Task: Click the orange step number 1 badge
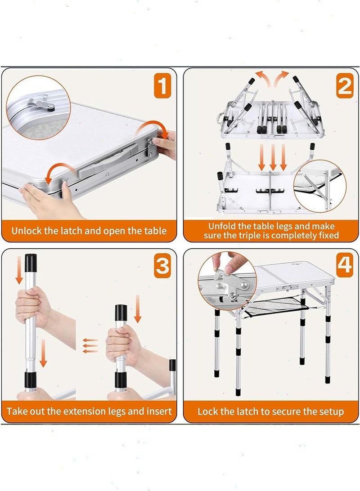[x=162, y=85]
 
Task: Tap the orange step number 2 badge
[x=345, y=85]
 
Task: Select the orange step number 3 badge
[x=162, y=266]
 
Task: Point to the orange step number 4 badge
[x=345, y=266]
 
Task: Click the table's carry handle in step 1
[x=107, y=160]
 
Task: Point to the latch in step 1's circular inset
[x=41, y=104]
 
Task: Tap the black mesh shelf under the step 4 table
[x=276, y=304]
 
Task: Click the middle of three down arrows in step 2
[x=273, y=157]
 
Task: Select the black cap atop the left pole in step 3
[x=31, y=263]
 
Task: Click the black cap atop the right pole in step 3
[x=121, y=312]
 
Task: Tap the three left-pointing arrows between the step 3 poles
[x=90, y=346]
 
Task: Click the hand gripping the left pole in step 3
[x=33, y=305]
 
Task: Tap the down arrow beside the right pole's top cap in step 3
[x=138, y=309]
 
